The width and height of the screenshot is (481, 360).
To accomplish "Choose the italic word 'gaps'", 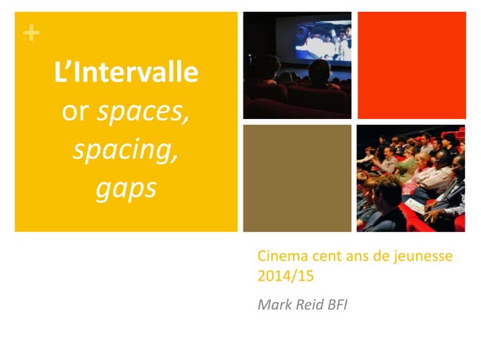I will click(125, 188).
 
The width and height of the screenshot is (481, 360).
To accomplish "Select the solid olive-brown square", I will click(297, 178).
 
